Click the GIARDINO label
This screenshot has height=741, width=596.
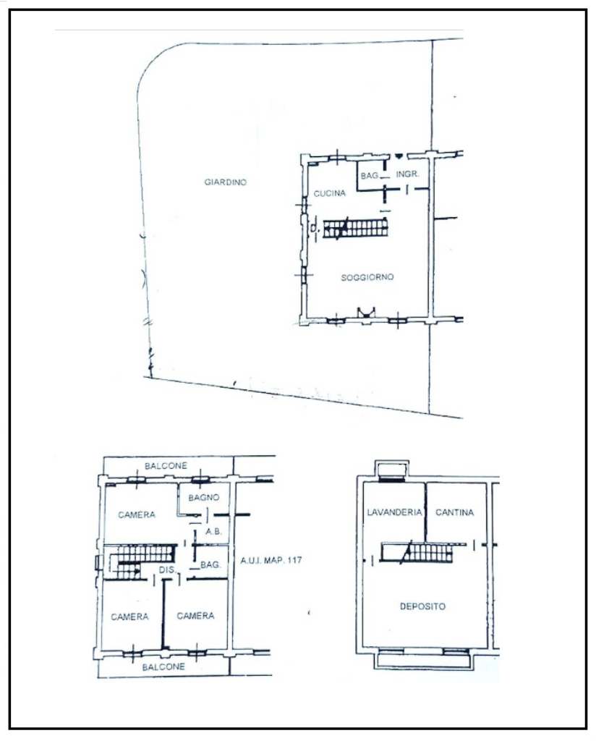225,182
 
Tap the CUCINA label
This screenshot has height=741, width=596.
329,192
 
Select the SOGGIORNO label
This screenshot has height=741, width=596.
367,277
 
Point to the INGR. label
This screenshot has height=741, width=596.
407,174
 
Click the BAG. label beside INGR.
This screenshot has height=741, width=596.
370,175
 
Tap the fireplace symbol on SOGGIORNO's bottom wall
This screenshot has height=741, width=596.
367,313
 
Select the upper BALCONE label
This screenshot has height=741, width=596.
166,465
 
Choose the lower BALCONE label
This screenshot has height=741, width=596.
163,666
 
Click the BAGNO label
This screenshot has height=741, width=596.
203,497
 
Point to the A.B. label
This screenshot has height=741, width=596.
213,531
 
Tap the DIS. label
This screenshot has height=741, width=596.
167,569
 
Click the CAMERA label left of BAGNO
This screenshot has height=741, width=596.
137,515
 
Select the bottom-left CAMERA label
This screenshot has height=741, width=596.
129,617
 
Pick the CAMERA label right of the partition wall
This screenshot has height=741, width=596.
195,616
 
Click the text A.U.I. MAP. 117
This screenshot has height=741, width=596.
271,560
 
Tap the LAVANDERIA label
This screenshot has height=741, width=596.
394,512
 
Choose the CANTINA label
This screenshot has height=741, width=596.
454,512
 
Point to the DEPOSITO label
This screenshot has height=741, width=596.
422,606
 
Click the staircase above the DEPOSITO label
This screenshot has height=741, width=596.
417,552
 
